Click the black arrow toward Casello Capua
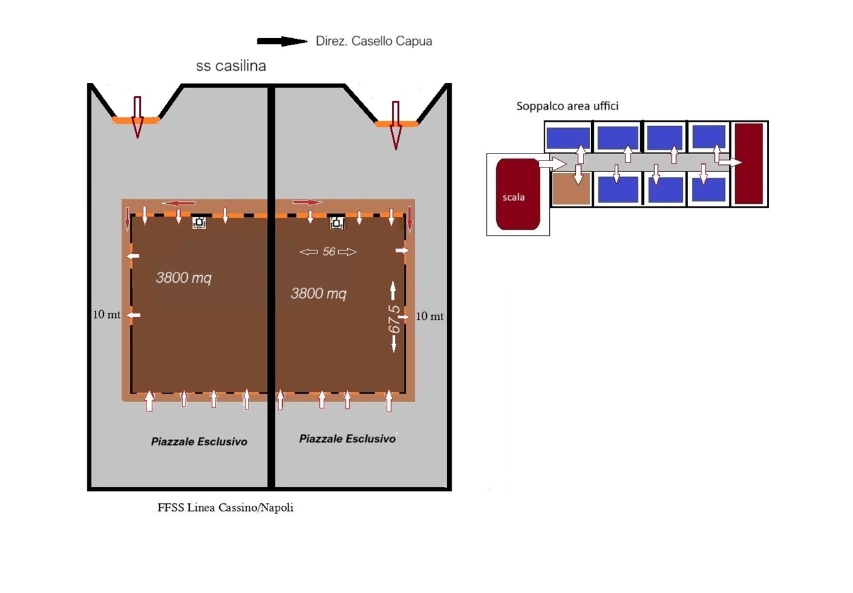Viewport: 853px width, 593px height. tap(282, 41)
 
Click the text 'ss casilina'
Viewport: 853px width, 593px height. tap(231, 66)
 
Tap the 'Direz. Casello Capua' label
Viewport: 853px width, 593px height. tap(374, 41)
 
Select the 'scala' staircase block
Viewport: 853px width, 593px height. tap(517, 194)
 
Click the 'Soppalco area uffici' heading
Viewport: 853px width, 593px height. tap(567, 106)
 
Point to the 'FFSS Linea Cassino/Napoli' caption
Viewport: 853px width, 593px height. tap(226, 508)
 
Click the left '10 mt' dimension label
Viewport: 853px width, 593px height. tap(106, 315)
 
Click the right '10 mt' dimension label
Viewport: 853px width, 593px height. tap(429, 317)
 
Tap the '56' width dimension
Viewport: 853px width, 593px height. tap(329, 252)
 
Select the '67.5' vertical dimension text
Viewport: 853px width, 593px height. tap(394, 319)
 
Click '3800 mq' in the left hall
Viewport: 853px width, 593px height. tap(183, 278)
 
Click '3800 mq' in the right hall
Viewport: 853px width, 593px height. tap(319, 294)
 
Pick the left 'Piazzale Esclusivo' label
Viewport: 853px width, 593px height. tap(199, 441)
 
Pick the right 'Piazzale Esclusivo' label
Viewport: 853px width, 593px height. tap(347, 439)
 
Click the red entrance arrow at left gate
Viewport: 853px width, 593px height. tap(137, 117)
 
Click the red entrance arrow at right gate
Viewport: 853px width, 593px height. tap(396, 124)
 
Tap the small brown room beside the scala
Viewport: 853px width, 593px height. tap(571, 189)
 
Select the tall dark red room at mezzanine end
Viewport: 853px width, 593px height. tap(749, 164)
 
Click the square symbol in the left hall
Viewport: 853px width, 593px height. tap(199, 222)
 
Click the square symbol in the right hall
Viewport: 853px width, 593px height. tap(337, 223)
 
